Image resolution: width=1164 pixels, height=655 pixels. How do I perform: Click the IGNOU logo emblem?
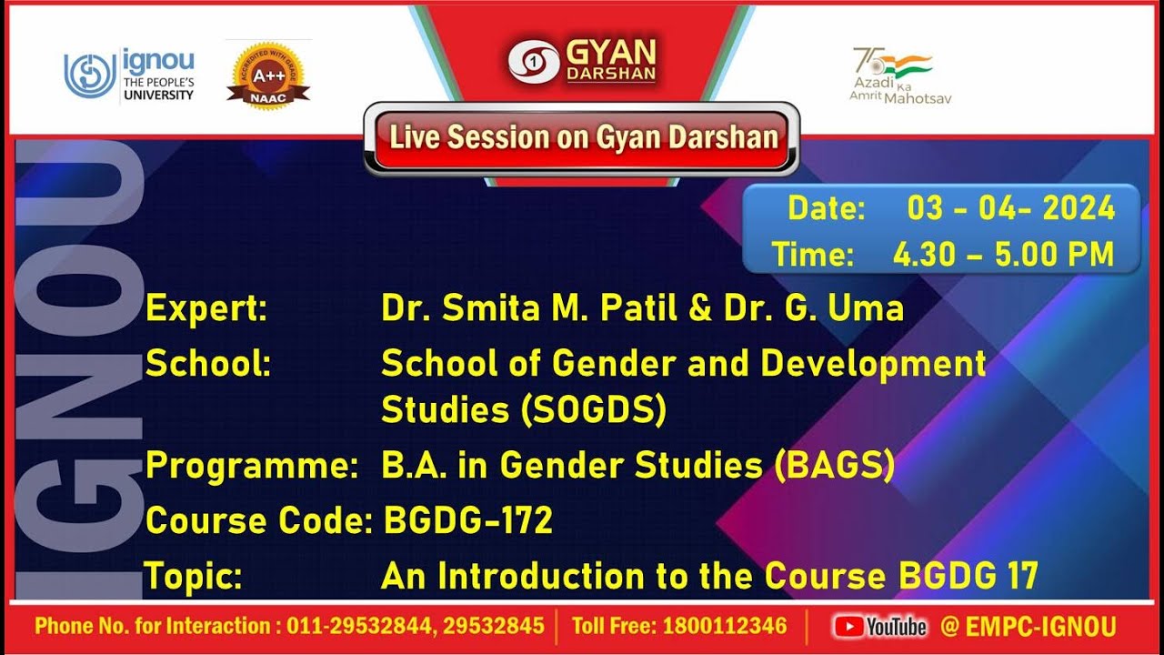[x=89, y=76]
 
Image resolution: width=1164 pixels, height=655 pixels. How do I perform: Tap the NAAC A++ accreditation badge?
[x=267, y=76]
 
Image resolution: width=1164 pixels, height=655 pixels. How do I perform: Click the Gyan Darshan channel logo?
[x=582, y=61]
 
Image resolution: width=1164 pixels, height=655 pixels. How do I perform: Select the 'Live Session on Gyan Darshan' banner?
[x=583, y=138]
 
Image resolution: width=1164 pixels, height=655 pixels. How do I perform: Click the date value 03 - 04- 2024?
[x=1010, y=208]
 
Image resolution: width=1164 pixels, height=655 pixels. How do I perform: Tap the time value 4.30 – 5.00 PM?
[x=1003, y=255]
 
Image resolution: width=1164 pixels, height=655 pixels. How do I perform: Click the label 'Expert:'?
[x=206, y=309]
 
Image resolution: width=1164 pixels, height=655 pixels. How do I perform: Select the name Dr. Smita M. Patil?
[x=530, y=309]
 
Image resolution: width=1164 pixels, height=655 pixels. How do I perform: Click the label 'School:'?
[x=208, y=364]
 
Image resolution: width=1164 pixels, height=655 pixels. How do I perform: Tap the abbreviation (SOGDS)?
[x=594, y=410]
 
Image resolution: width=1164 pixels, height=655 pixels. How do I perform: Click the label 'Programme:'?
[x=251, y=466]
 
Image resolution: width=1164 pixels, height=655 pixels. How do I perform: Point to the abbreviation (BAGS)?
[x=834, y=466]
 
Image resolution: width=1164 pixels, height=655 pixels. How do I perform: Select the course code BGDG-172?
[x=468, y=521]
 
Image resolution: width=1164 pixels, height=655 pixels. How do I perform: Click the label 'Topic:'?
[x=194, y=577]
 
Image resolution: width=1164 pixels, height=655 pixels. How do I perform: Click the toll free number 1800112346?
[x=725, y=626]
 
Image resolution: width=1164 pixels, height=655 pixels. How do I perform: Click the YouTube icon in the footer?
[x=848, y=626]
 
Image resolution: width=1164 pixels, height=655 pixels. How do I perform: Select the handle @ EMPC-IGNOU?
[x=1029, y=626]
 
